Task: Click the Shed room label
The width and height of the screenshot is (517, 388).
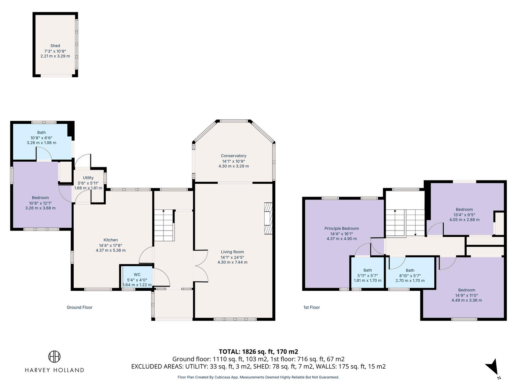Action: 55,46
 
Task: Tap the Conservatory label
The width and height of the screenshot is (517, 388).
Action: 233,156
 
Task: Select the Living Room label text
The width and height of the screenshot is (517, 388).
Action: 232,252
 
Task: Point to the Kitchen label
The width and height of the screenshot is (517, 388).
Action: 111,240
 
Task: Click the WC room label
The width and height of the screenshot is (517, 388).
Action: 137,275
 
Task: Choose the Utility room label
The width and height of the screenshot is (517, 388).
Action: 88,178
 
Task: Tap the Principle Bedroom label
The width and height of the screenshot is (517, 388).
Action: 342,228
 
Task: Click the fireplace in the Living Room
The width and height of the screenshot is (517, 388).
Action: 268,218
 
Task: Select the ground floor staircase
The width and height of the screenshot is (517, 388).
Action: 164,225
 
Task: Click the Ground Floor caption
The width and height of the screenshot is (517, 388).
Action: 79,307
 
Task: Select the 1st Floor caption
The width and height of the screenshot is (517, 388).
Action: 311,307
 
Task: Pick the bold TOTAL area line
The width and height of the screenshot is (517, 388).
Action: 258,351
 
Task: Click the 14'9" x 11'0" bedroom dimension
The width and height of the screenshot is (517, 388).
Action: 466,295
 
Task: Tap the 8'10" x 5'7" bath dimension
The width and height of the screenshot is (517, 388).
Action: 410,275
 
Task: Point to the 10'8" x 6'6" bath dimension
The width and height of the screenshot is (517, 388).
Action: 41,138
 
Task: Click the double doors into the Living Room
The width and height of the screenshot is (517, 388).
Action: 201,266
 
